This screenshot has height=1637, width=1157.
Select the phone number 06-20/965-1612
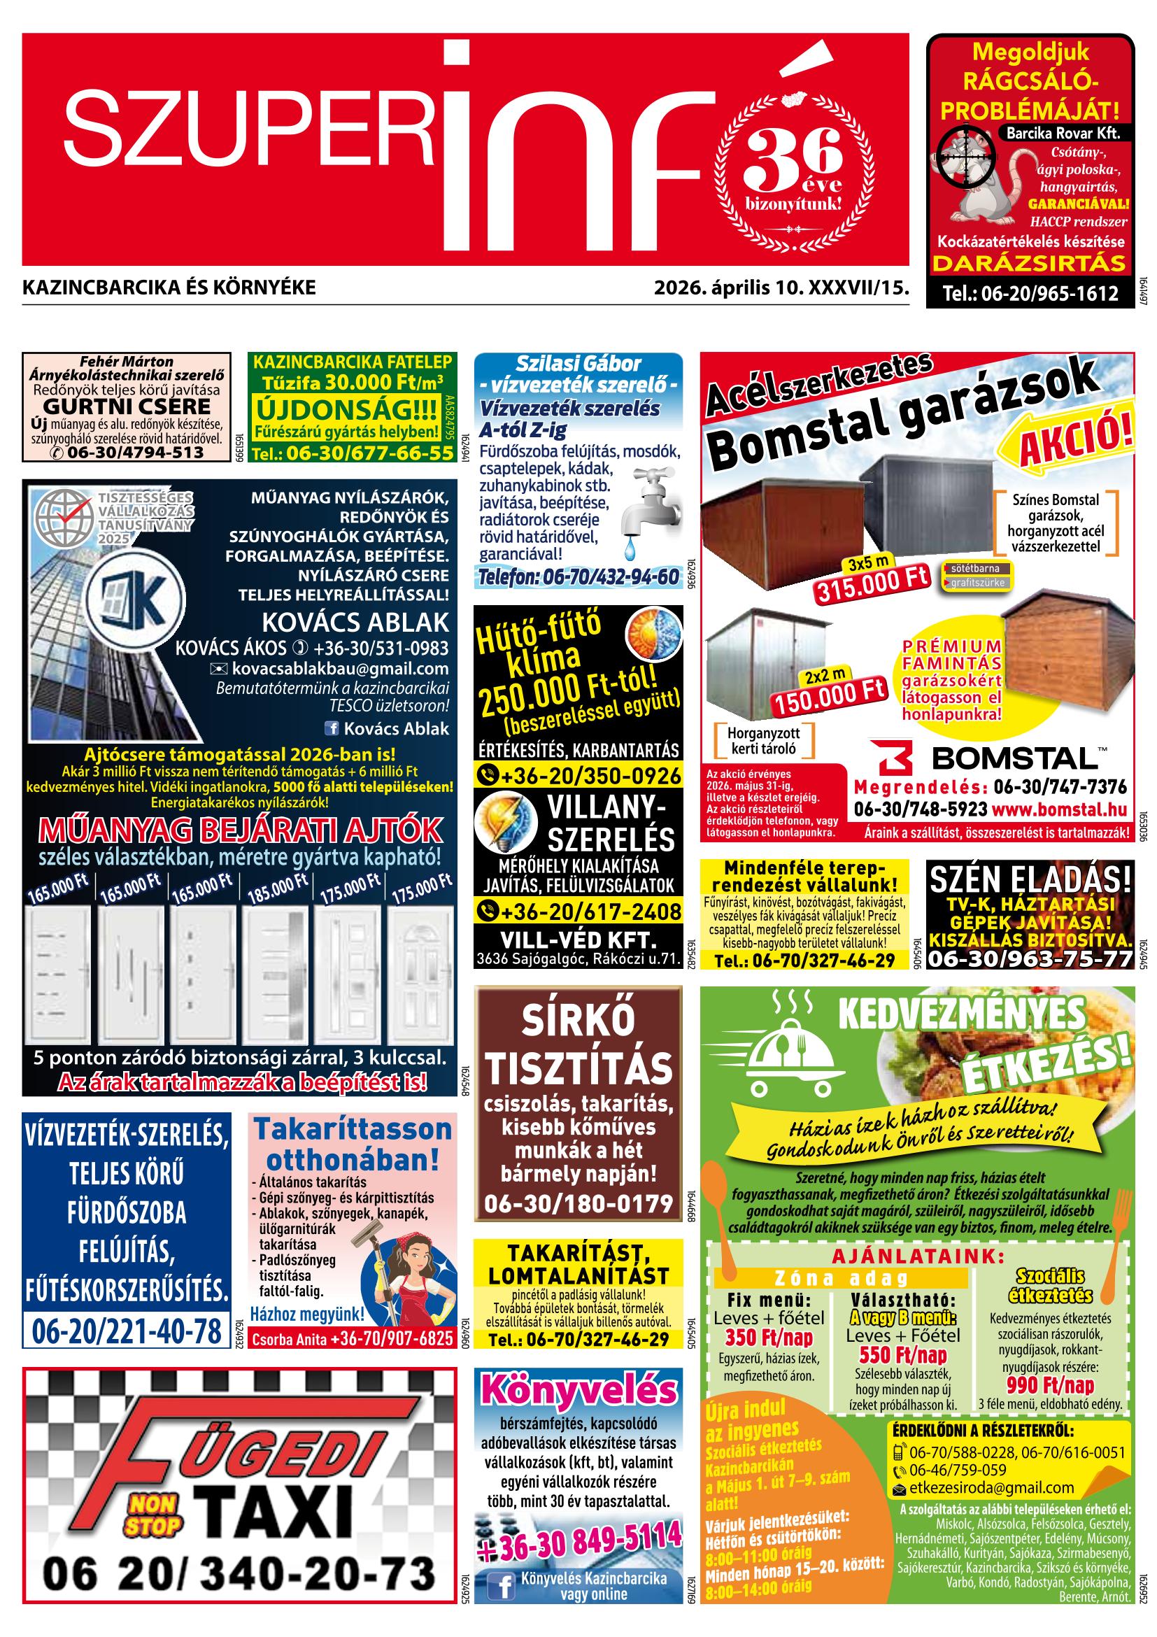(x=1030, y=293)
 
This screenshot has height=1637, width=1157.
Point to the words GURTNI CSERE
(x=127, y=407)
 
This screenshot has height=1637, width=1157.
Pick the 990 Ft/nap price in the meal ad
(x=1050, y=1385)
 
